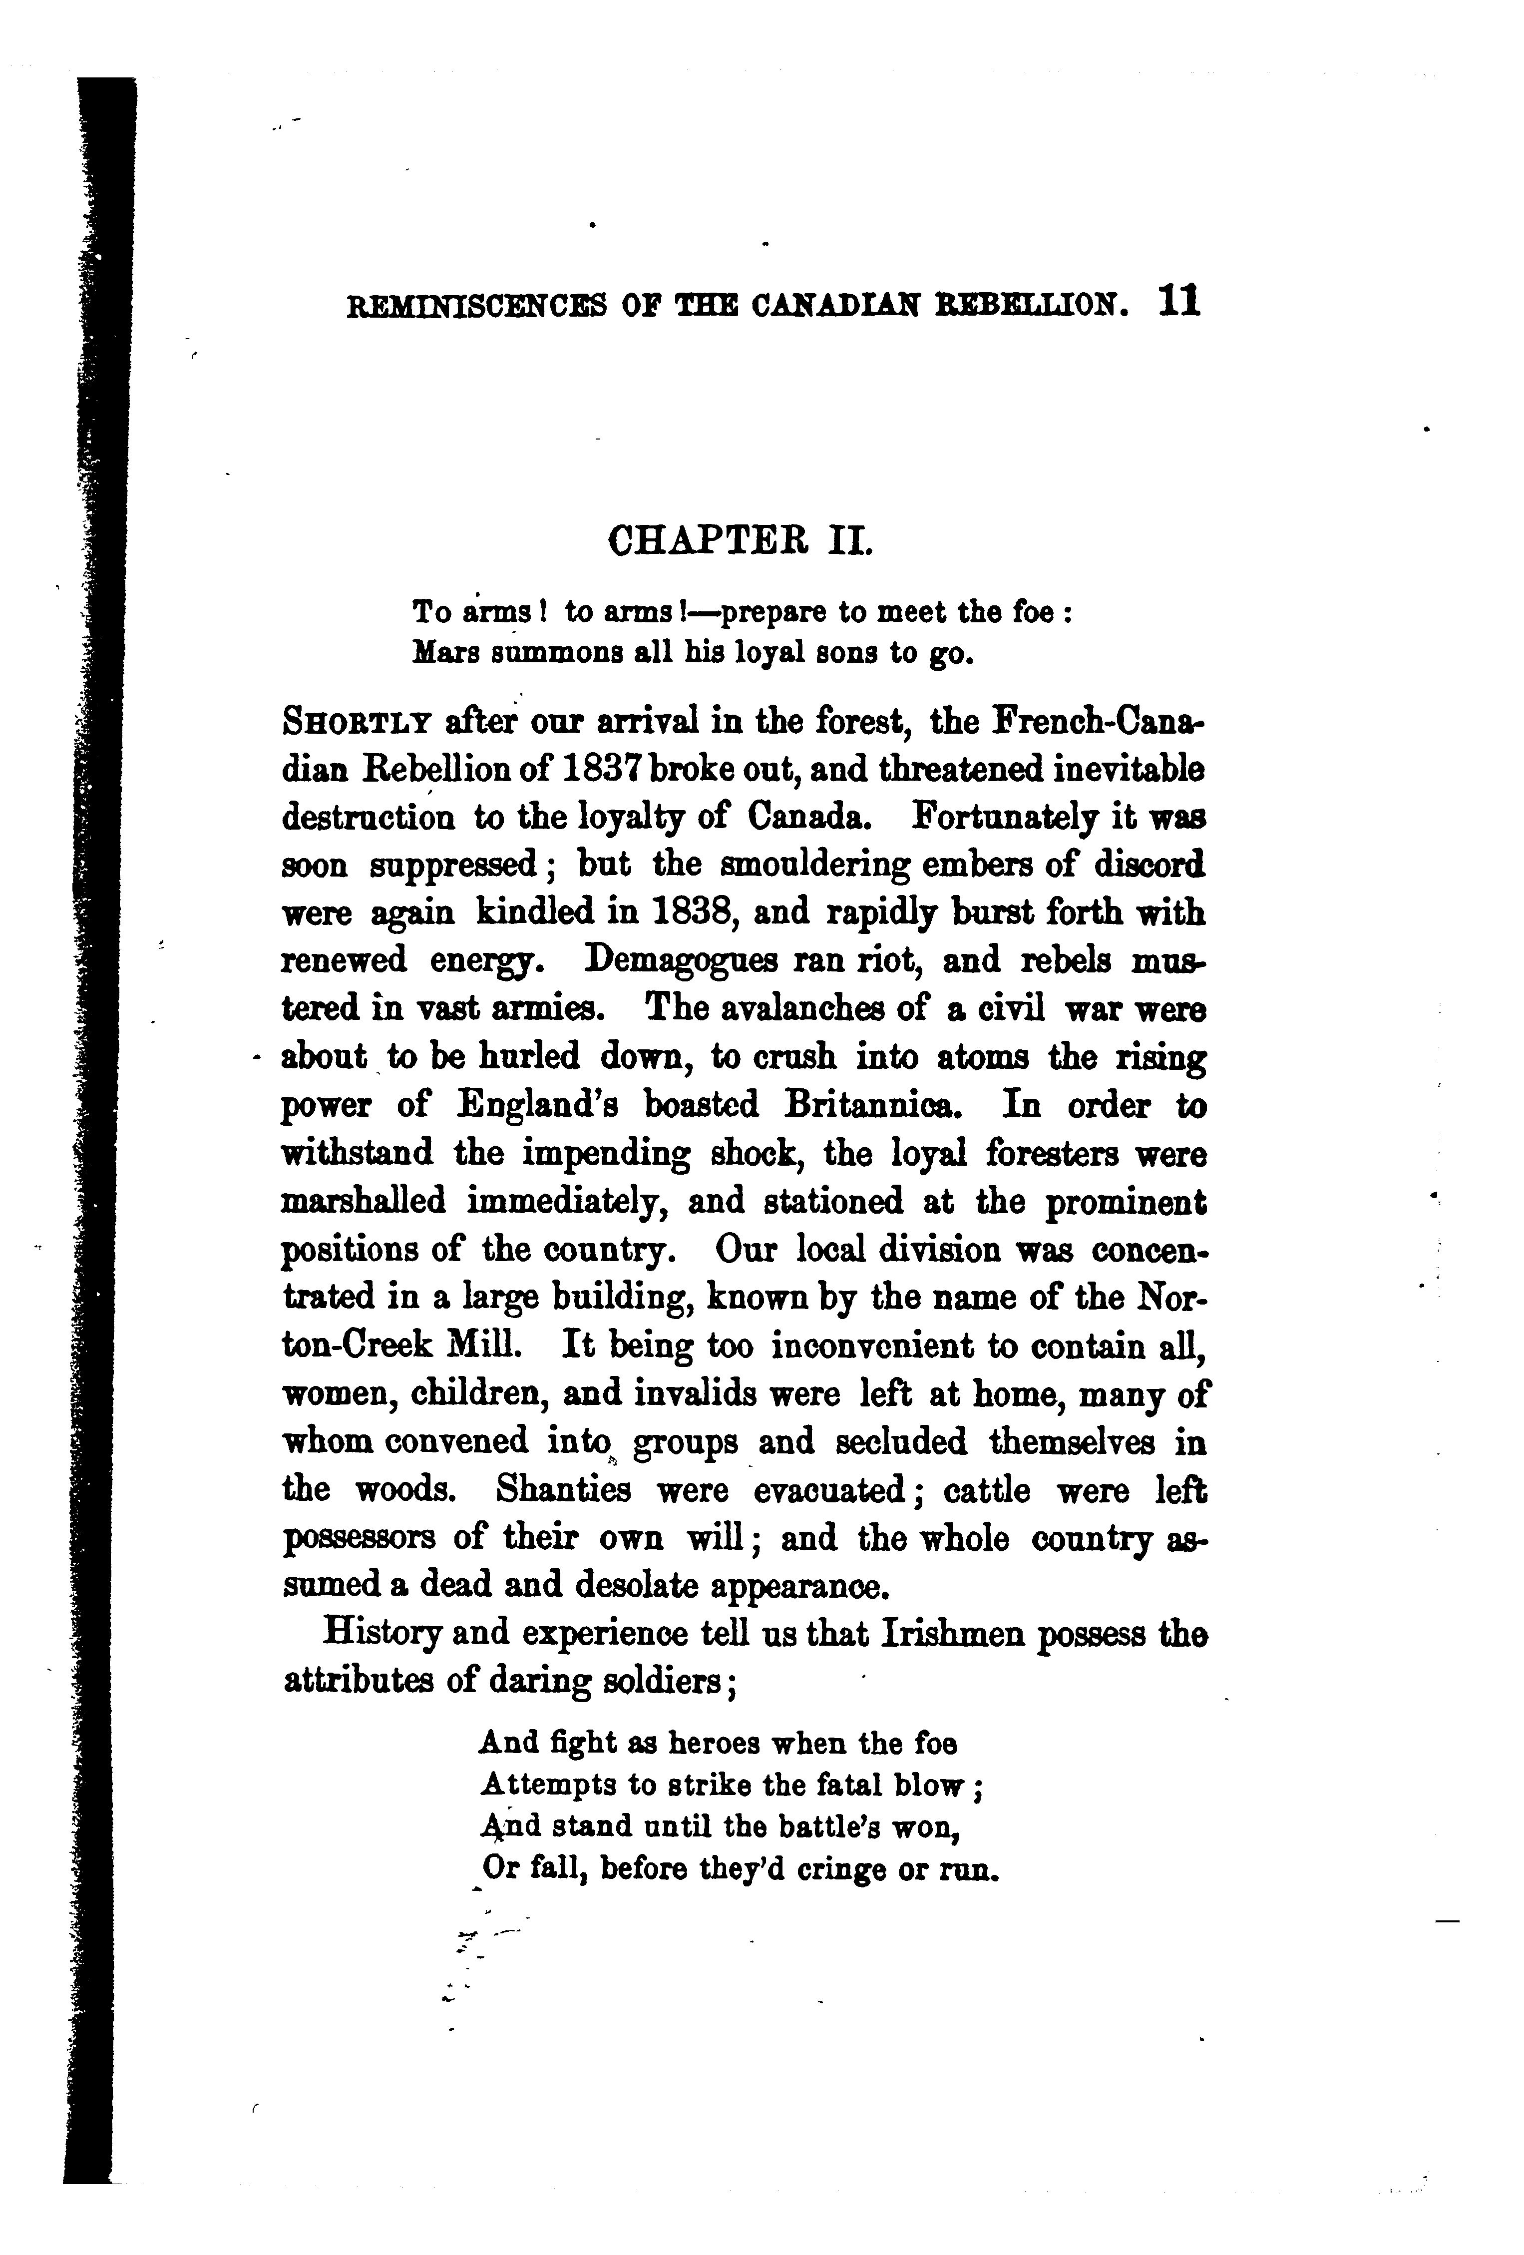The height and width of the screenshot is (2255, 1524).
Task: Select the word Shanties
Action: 563,1488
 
